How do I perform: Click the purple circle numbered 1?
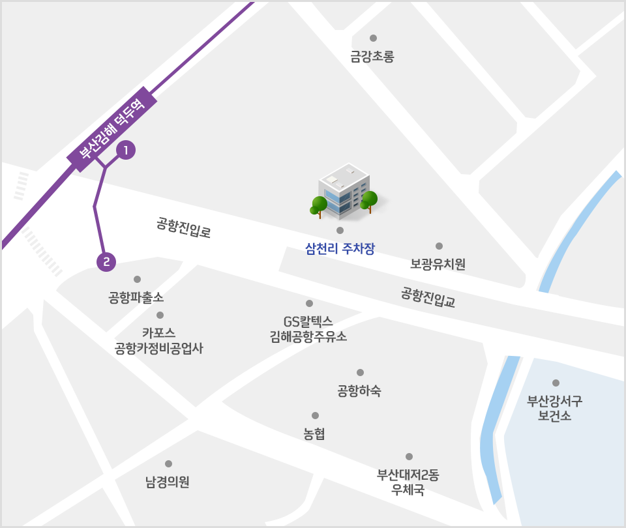[125, 151]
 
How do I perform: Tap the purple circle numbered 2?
[106, 262]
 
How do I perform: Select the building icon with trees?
[343, 191]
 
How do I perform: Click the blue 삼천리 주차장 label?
[340, 248]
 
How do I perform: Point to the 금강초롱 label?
[372, 57]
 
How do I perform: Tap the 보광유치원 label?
[438, 264]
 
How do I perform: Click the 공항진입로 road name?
[184, 227]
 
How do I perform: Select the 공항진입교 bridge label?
[428, 297]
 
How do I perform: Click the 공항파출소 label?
[136, 298]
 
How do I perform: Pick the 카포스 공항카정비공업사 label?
[159, 340]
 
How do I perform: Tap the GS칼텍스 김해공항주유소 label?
[308, 329]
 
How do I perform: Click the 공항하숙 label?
[359, 391]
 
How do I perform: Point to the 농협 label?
[314, 433]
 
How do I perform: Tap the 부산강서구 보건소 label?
[555, 408]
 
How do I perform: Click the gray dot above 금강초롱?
[373, 38]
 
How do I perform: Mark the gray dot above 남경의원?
[168, 463]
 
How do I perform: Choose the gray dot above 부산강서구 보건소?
[556, 383]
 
